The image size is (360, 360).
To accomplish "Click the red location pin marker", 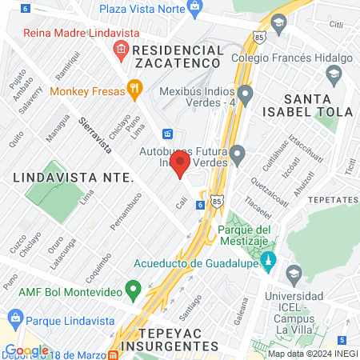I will tap(180, 163).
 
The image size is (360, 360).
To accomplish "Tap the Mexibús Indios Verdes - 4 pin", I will tap(246, 97).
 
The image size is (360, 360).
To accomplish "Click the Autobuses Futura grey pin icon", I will tap(237, 154).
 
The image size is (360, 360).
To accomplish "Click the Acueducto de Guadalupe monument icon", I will tap(270, 261).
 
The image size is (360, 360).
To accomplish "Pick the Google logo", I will tap(26, 350).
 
